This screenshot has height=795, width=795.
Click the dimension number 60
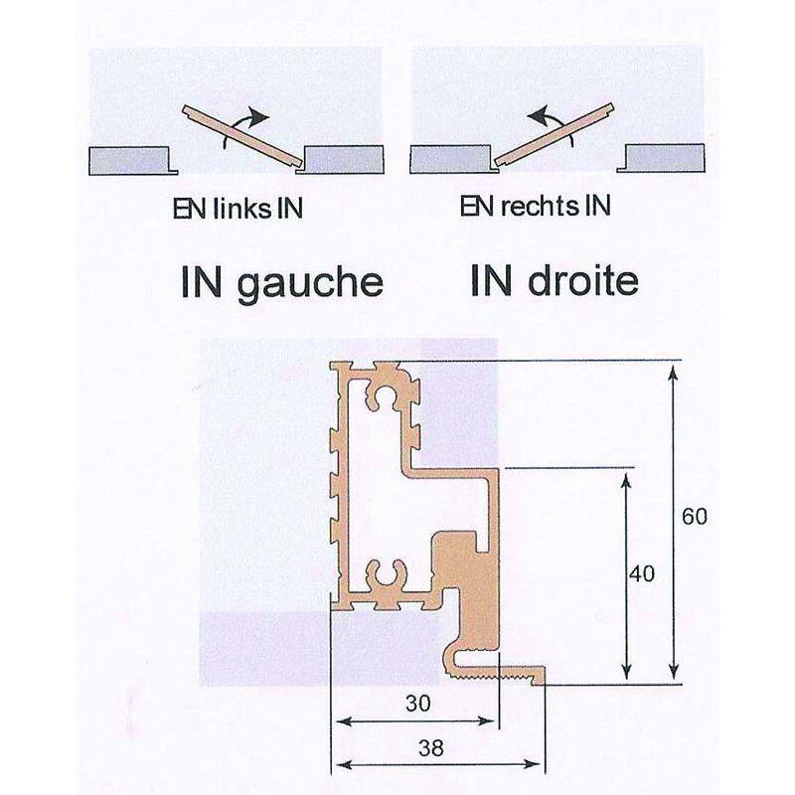tap(694, 517)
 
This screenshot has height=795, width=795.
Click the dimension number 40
tap(641, 574)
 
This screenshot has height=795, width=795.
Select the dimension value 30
tap(418, 704)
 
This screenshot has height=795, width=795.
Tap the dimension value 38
tap(431, 748)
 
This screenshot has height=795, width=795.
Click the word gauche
tap(310, 284)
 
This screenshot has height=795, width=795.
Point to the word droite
tap(582, 281)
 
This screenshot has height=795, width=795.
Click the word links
tap(242, 209)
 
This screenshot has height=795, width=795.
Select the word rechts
tap(540, 206)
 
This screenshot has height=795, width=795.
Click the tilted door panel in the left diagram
tap(242, 136)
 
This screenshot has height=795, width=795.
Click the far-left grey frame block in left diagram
tap(132, 161)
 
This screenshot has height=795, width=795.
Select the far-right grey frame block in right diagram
tap(661, 158)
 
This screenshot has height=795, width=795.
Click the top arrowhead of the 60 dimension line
tap(673, 374)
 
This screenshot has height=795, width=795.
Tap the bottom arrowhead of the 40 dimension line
tap(627, 672)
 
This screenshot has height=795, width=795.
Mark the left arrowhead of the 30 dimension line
tap(344, 721)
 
